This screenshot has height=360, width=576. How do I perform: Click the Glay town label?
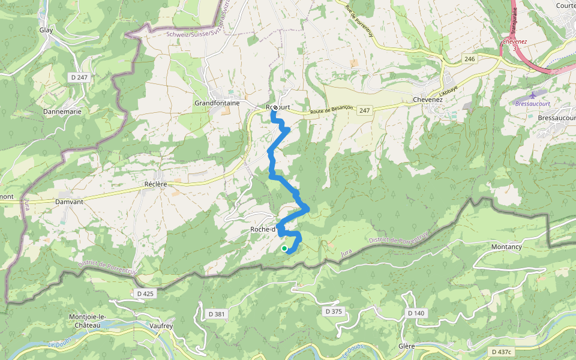46,29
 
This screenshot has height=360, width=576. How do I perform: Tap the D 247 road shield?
79,77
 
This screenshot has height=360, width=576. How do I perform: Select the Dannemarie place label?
62,112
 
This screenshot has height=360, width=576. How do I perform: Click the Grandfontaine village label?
217,103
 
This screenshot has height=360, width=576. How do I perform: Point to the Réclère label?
155,184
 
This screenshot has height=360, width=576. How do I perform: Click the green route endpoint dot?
284,248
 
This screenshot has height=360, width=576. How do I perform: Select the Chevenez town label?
428,100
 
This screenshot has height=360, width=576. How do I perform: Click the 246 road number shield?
469,59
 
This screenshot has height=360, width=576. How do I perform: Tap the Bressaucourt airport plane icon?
535,95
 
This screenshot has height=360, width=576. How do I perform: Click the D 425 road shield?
145,293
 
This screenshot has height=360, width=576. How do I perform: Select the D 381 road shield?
217,314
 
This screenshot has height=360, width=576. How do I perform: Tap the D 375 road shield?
332,311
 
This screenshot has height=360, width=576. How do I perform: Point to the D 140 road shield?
416,313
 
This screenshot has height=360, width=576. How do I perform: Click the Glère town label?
407,347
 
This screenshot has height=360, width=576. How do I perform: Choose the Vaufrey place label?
160,326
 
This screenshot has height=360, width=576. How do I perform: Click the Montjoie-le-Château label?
88,320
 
